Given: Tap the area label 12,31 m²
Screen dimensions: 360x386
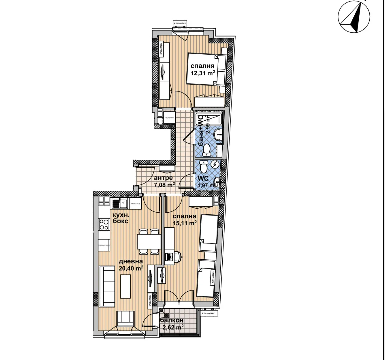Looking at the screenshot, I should (203, 73).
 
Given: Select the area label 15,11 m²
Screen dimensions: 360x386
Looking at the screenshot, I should (185, 223).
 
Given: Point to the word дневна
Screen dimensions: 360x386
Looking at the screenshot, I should (131, 262).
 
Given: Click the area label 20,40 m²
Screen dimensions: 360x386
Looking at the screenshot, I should (131, 268).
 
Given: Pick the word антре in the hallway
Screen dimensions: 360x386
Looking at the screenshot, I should (163, 178).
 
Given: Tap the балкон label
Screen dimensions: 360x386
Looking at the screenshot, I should (172, 320).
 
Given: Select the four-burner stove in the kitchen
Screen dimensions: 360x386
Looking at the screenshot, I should (104, 224).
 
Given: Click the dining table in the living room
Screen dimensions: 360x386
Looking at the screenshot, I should (149, 241).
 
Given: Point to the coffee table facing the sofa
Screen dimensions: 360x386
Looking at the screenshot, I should (125, 287).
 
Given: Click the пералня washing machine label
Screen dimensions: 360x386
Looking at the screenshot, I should (169, 118).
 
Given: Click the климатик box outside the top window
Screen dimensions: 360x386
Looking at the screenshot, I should (180, 23).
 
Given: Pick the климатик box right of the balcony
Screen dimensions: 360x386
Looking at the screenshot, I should (209, 313).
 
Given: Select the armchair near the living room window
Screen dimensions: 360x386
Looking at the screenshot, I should (125, 318).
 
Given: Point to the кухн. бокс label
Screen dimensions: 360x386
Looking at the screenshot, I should (120, 218).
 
